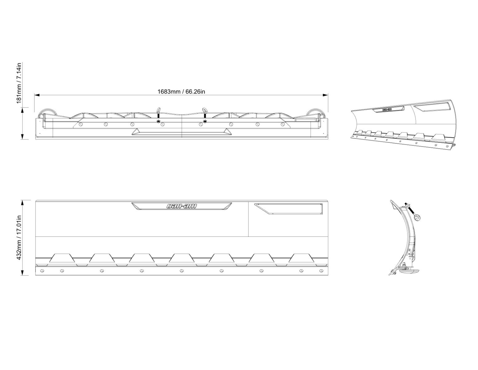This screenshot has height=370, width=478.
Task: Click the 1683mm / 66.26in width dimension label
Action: pos(181,92)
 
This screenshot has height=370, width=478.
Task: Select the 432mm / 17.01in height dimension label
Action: pos(19,237)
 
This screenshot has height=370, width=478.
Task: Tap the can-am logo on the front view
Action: pos(181,206)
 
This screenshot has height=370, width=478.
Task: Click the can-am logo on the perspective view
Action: pos(387,109)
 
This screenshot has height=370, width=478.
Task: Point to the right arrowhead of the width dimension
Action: pos(325,95)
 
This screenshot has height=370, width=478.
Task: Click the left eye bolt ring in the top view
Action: pos(158,109)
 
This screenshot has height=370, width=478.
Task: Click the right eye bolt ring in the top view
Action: pos(205,109)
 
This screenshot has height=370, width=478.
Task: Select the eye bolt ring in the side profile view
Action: pos(416,218)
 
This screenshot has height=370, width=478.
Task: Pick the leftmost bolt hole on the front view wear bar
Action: pos(43,270)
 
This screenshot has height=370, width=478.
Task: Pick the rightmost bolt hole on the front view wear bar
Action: pos(321,270)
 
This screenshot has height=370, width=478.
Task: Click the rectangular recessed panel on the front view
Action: pos(288,209)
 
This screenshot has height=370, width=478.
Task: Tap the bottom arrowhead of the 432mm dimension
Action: pos(22,273)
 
